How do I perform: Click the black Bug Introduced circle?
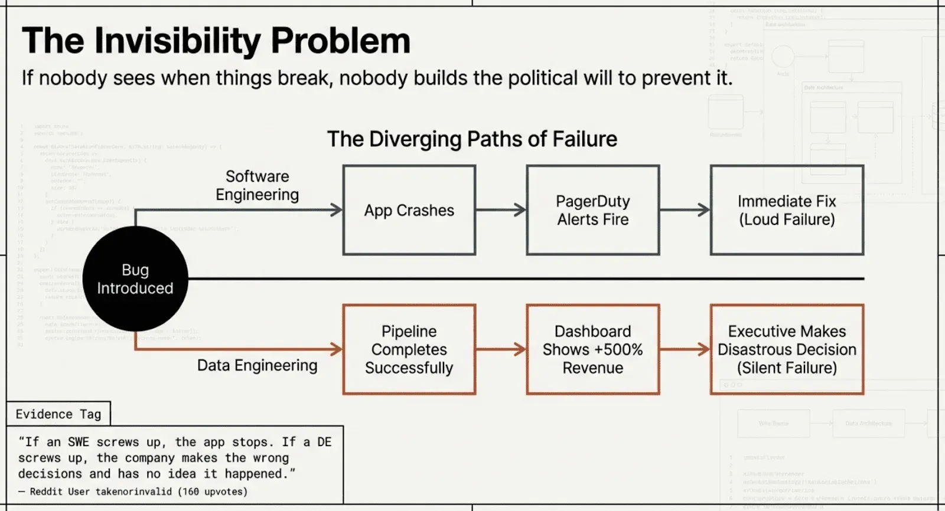pos(135,279)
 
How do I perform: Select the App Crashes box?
pos(409,210)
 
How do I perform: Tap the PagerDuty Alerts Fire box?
pos(592,210)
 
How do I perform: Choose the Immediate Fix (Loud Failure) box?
pos(787,210)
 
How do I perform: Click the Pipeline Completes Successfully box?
pos(409,349)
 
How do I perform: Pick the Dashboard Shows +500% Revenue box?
pos(592,349)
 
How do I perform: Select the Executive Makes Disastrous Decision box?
pos(787,349)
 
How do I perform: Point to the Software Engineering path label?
pos(257,185)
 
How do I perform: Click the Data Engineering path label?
pos(257,365)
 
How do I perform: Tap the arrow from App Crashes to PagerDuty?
pos(501,209)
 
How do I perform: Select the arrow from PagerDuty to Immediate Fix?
pos(685,209)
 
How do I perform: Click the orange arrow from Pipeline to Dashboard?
pos(501,349)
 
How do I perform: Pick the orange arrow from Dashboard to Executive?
pos(685,349)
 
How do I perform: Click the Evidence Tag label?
pos(58,414)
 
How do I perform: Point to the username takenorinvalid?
pos(135,492)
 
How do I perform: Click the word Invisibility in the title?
pos(177,41)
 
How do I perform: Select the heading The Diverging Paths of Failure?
pos(472,139)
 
